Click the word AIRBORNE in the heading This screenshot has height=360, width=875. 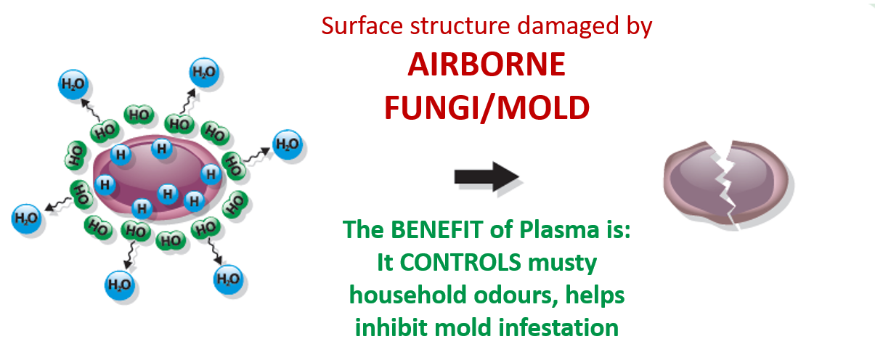coord(486,65)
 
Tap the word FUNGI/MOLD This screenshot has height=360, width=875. coord(486,108)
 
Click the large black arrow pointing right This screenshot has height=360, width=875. coord(486,177)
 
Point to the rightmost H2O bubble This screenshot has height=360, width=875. coord(288,144)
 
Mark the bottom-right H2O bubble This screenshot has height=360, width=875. coord(229,277)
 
